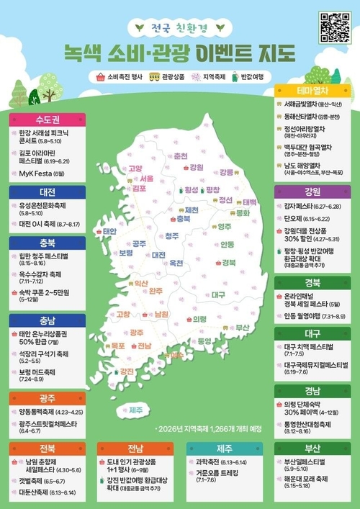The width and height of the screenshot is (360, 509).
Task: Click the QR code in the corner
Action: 333,27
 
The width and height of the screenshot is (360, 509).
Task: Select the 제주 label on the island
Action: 136,410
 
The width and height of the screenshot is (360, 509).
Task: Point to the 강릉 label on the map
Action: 227,172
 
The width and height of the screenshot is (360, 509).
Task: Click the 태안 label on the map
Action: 109,231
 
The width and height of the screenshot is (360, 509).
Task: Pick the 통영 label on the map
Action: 204,341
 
